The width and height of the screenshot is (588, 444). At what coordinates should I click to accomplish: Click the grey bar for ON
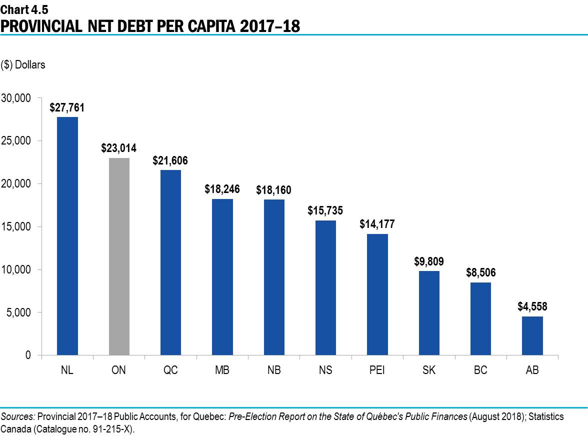point(119,256)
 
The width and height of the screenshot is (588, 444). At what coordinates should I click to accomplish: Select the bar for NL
point(67,236)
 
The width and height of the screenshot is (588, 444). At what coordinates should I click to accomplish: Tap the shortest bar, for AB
point(532,335)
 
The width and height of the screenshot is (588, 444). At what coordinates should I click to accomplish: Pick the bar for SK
point(429,313)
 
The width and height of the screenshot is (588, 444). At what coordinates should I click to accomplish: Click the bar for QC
point(170,262)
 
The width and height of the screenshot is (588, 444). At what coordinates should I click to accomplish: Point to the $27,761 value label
point(67,107)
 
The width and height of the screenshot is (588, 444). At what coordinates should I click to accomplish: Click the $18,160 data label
point(273,190)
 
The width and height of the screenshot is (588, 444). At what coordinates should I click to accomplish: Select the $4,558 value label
point(532,306)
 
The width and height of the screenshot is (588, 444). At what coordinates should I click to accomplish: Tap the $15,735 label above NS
point(325,210)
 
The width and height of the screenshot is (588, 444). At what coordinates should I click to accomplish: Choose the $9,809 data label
point(429,261)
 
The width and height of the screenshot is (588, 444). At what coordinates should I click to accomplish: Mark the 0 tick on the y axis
point(28,355)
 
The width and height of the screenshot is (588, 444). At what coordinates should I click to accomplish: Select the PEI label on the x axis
point(377,370)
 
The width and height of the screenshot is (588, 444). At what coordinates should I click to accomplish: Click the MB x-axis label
point(222,370)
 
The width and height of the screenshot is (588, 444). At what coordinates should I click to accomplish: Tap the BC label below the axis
point(480,370)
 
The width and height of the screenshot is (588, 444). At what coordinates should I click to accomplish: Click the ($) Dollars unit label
point(23,65)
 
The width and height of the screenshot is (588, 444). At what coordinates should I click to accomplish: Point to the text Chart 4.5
point(21,8)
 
